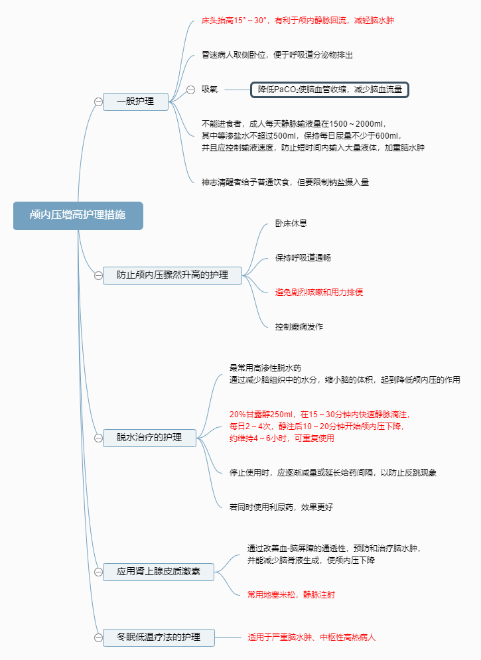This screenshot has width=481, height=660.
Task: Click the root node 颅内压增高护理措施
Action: [78, 216]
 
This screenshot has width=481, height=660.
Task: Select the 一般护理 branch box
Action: [135, 101]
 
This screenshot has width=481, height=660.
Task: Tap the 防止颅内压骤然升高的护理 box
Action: [172, 275]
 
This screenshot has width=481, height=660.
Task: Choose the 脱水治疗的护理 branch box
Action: [149, 438]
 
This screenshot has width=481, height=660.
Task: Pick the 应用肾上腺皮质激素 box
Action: [159, 571]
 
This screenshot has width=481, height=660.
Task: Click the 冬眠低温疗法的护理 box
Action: [159, 637]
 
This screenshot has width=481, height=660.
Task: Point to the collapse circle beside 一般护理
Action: [98, 101]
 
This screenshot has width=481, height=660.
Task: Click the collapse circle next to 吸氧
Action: [190, 89]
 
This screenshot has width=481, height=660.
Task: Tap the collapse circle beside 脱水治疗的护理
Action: [98, 438]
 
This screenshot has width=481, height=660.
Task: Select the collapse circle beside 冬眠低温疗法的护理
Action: [98, 637]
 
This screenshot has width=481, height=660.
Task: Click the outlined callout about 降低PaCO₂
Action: [330, 89]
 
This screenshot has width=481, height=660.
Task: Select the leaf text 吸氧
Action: [210, 89]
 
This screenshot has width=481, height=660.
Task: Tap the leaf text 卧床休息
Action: [291, 224]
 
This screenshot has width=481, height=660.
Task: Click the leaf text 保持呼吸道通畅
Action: [303, 257]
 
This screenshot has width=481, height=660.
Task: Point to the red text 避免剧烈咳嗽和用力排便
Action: [319, 292]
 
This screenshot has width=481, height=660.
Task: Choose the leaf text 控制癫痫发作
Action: [299, 326]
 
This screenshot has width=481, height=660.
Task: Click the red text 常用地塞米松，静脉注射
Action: [291, 594]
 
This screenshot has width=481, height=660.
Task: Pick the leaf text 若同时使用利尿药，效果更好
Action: [281, 507]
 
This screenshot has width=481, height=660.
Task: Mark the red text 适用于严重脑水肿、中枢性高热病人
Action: [312, 637]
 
